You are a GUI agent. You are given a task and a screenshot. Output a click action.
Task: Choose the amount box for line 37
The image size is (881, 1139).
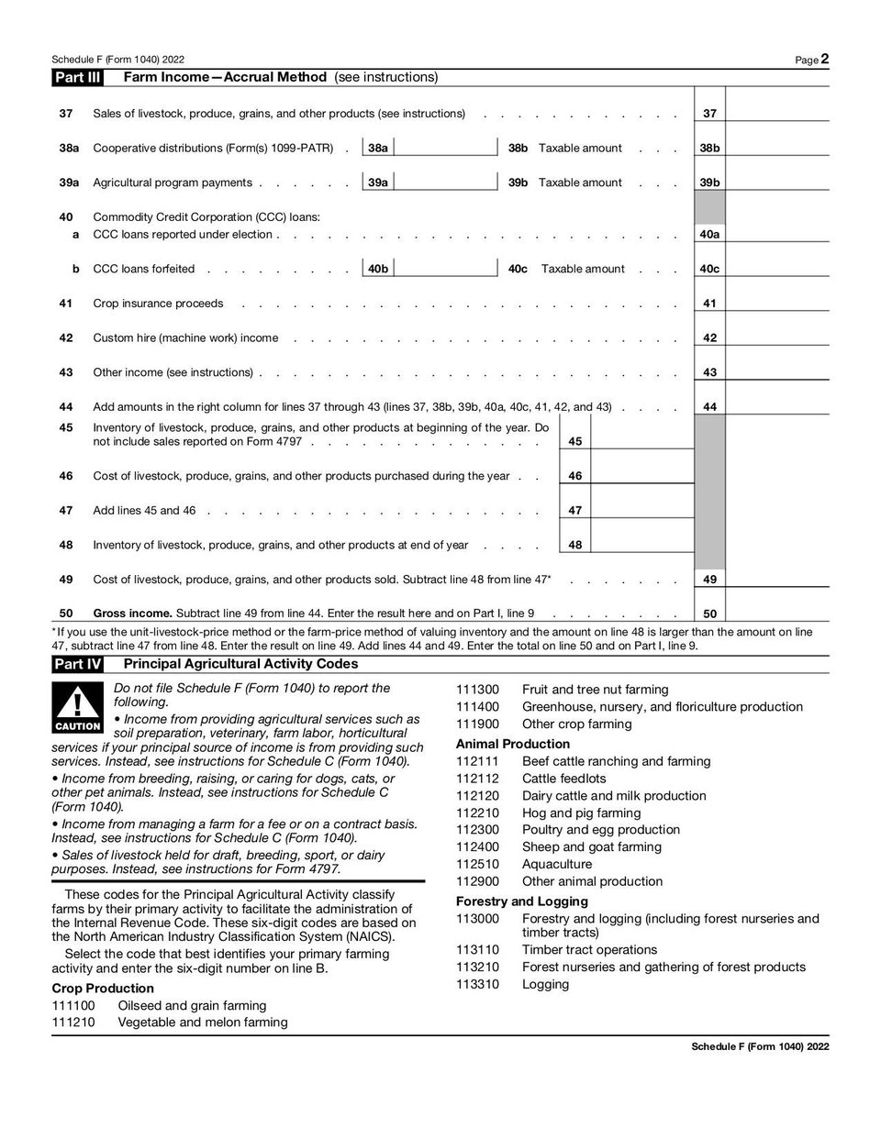[x=776, y=113]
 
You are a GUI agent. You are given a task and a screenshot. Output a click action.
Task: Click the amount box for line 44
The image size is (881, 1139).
[x=776, y=406]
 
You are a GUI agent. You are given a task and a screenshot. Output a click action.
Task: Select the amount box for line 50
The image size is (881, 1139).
[x=776, y=614]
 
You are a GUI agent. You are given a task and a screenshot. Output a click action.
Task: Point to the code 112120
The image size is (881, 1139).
[x=476, y=796]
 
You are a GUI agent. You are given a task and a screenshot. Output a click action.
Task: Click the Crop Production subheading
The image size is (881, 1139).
[x=103, y=989]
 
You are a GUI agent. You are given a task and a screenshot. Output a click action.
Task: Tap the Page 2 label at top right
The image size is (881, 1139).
[x=812, y=60]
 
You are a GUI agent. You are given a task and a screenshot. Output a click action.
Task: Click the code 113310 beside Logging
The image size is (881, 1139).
[x=476, y=985]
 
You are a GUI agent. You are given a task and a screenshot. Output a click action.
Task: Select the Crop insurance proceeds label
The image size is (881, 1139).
[x=158, y=304]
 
